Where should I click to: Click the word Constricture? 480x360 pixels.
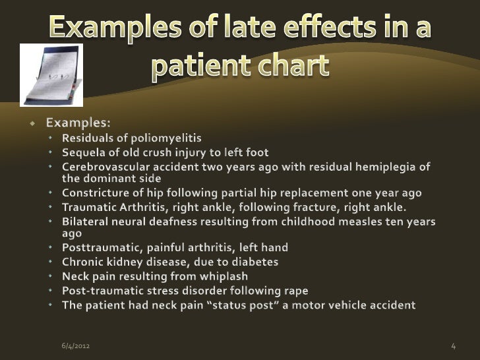tap(93, 193)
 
